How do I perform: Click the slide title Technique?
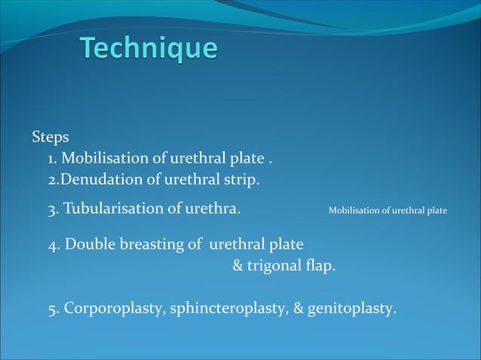[149, 49]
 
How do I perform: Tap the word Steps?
[51, 138]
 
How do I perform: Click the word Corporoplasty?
[115, 309]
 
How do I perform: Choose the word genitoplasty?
[358, 309]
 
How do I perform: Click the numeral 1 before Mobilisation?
[51, 160]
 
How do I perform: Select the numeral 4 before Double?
[52, 246]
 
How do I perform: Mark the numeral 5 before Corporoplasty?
[52, 310]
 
